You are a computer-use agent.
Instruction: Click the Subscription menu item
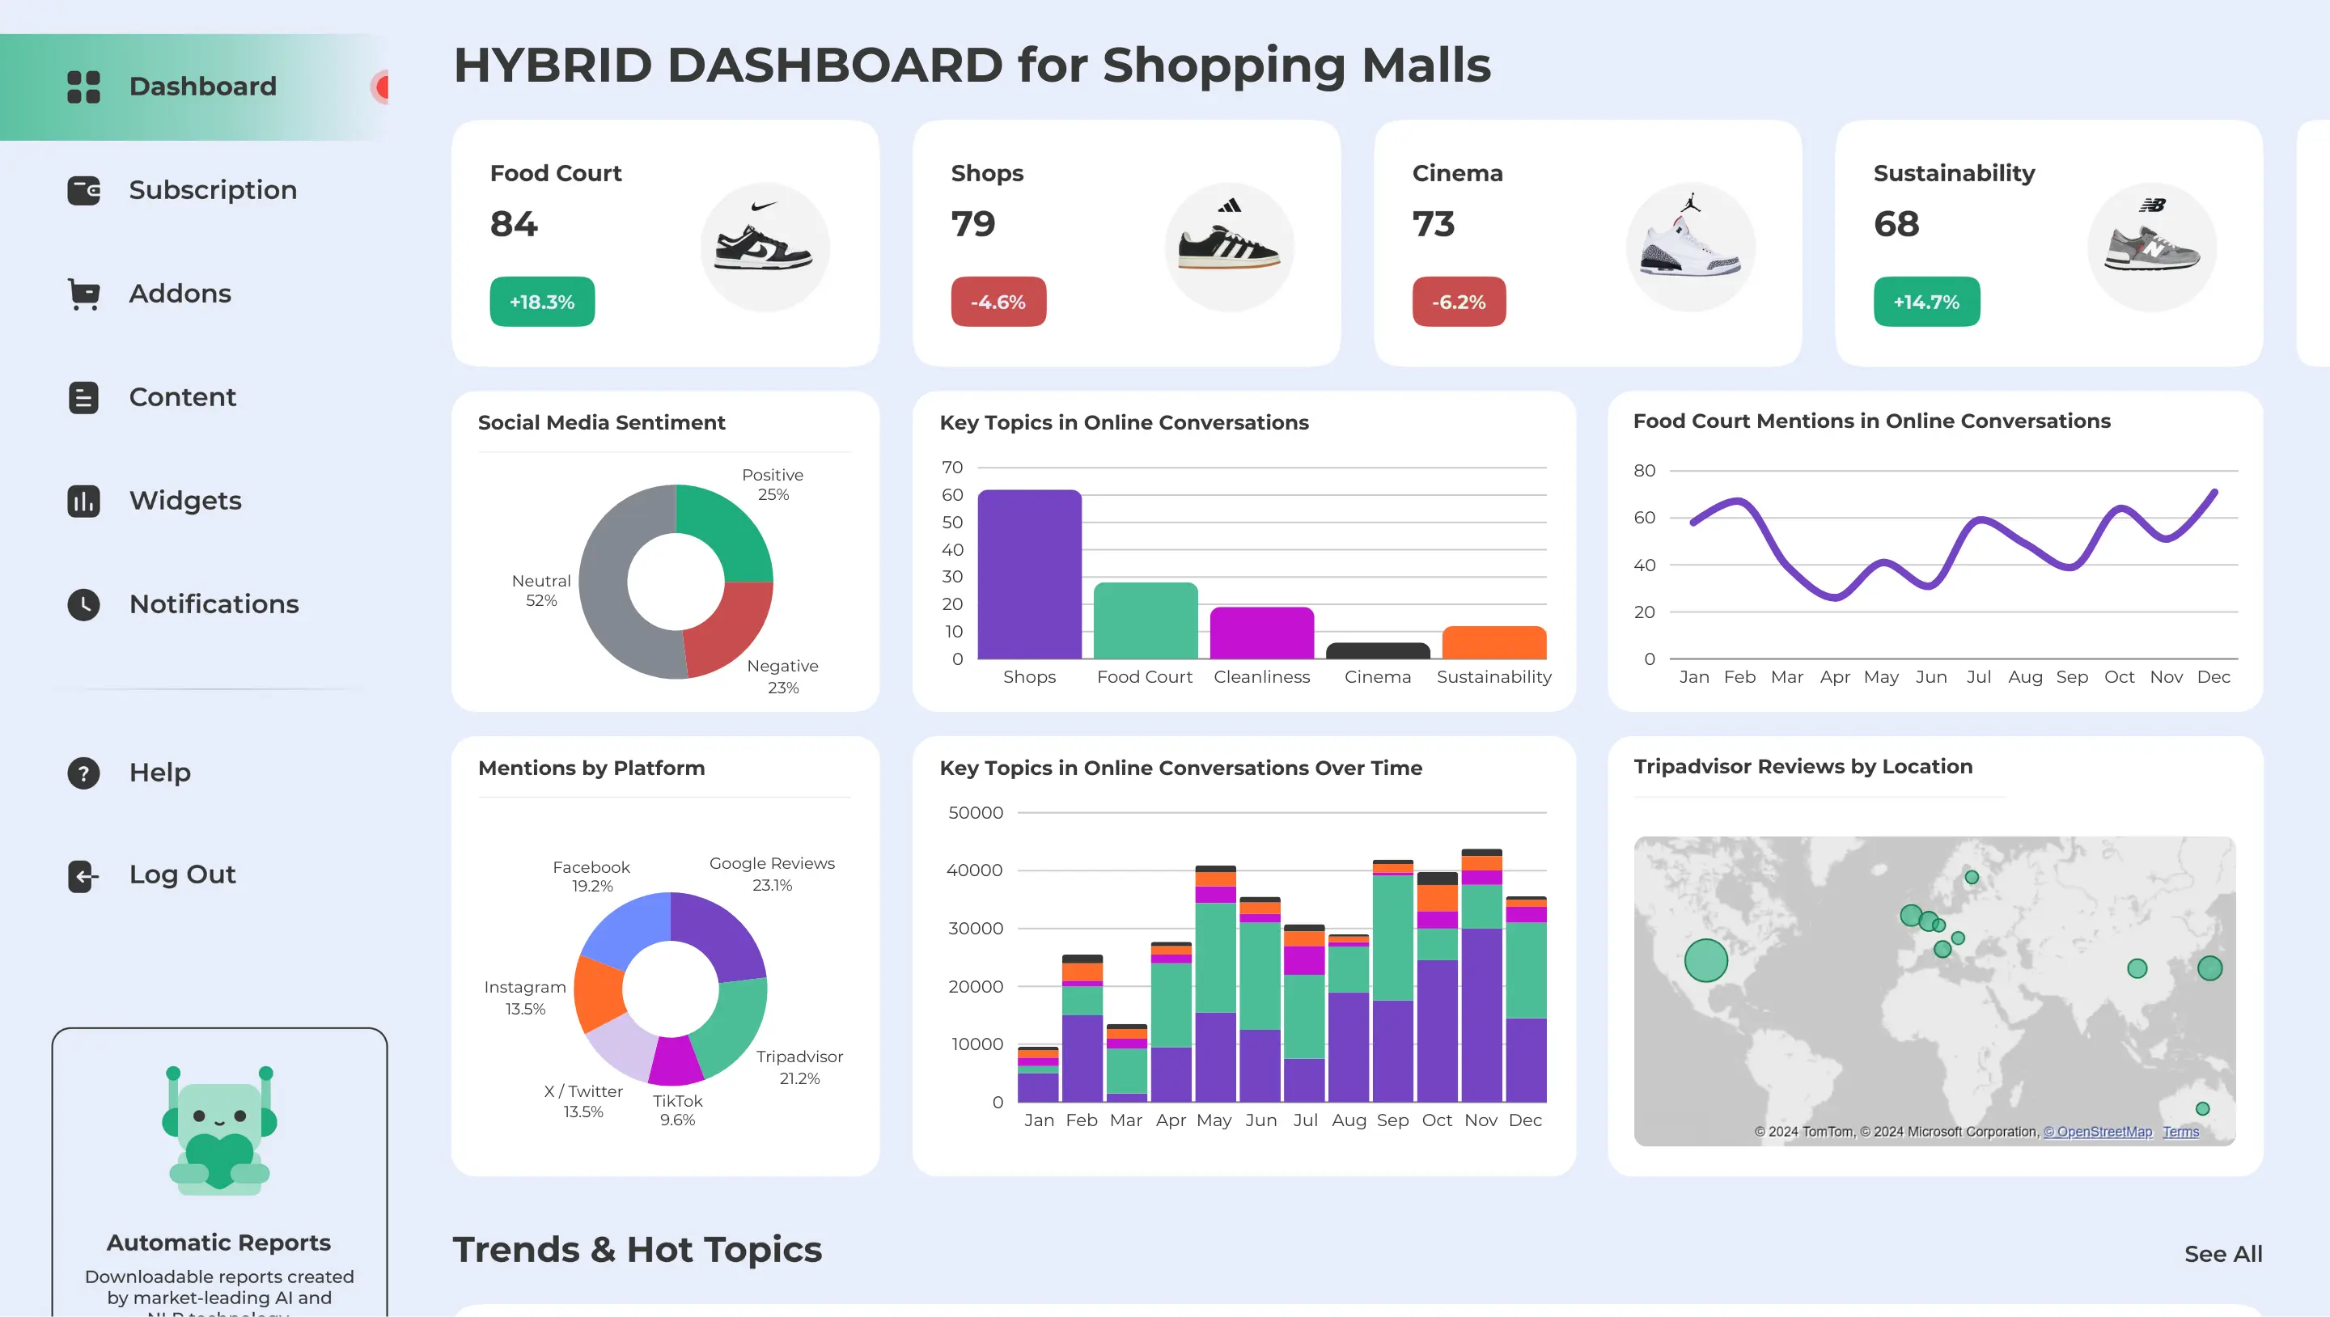tap(212, 190)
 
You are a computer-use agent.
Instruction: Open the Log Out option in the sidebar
tap(181, 874)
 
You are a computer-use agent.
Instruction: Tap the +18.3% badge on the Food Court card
tap(542, 302)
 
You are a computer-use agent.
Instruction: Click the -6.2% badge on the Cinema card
tap(1458, 302)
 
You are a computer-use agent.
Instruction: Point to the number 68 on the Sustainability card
tap(1896, 224)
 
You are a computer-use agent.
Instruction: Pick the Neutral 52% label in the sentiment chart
tap(541, 591)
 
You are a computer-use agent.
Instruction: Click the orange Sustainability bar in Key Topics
tap(1493, 643)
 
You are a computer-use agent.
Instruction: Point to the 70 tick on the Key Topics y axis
tap(951, 468)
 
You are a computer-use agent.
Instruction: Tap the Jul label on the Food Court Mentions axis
tap(1978, 676)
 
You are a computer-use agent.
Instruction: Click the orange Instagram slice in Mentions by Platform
tap(598, 993)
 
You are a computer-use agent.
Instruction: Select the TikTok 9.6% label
tap(677, 1110)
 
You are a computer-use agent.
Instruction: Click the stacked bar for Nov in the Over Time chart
tap(1481, 977)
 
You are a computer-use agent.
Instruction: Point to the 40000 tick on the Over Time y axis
tap(974, 870)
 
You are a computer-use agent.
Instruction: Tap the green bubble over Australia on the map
tap(2202, 1109)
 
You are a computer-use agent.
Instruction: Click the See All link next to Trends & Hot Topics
tap(2222, 1254)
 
